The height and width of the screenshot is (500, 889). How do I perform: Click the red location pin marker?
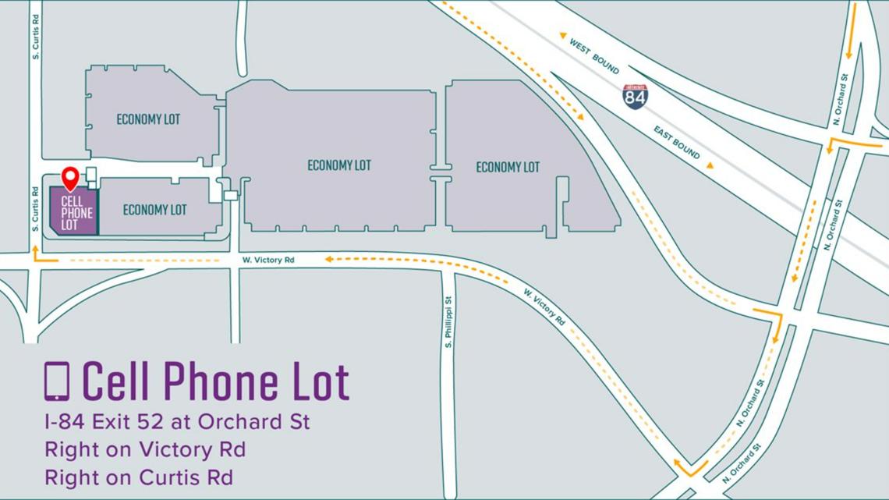point(70,177)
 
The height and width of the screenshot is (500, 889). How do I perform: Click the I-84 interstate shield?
point(635,96)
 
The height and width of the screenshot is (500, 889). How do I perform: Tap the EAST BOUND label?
point(677,142)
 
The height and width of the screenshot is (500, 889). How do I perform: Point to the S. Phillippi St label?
point(449,322)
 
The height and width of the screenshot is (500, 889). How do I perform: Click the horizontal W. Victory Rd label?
point(268,260)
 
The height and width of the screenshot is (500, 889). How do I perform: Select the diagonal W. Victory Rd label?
point(544,307)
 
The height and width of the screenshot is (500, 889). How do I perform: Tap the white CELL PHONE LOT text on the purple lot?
point(76,213)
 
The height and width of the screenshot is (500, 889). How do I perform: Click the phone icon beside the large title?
point(57,381)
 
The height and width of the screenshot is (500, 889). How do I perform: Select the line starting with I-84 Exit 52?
point(177,422)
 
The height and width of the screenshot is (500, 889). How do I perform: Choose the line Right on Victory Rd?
point(145,449)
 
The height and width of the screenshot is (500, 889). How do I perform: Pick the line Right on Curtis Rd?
point(139,477)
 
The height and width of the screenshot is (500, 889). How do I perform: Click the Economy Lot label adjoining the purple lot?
point(154,210)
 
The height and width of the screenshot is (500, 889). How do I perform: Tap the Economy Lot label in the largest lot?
point(338,165)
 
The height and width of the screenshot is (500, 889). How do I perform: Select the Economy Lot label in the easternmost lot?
point(508,167)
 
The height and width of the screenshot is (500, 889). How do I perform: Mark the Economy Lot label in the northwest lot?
point(148,119)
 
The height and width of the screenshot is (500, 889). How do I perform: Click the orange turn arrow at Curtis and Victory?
point(41,255)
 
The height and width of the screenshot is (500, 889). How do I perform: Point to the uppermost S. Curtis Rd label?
point(36,34)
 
